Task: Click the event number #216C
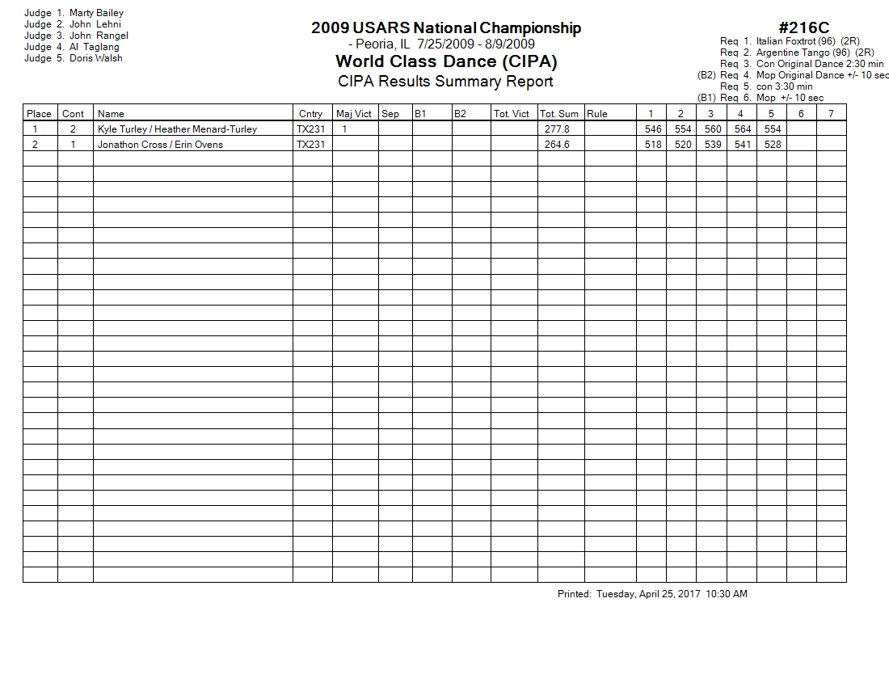click(804, 29)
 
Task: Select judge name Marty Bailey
click(96, 13)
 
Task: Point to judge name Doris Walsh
click(95, 58)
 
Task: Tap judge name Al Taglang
click(94, 47)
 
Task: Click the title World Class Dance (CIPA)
click(446, 61)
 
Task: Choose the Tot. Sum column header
click(559, 114)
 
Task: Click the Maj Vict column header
click(354, 114)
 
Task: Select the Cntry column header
click(310, 114)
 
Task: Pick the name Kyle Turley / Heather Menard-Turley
click(177, 129)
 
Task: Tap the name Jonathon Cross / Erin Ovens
click(160, 145)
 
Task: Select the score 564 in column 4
click(743, 129)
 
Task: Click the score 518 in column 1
click(653, 145)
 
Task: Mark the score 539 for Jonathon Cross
click(713, 145)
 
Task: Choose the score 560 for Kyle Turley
click(713, 129)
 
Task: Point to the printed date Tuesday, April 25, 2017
click(648, 594)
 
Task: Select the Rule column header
click(597, 114)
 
